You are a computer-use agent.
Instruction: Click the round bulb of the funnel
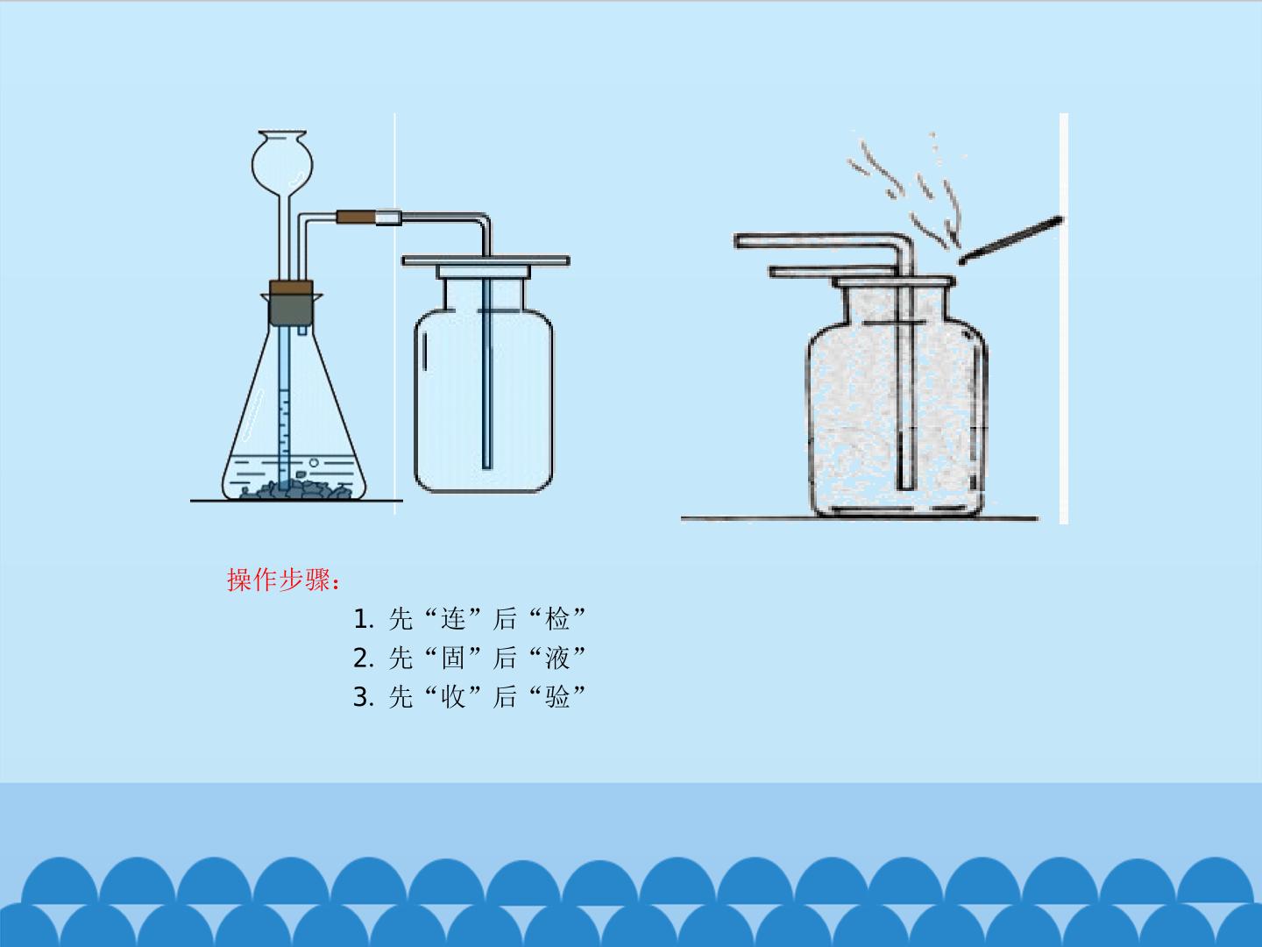click(x=282, y=163)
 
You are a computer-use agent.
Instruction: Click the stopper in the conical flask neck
click(x=291, y=303)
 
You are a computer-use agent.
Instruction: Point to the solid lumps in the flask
click(x=295, y=489)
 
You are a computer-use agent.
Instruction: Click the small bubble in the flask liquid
click(x=314, y=462)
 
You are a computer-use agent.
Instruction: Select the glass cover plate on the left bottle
click(x=486, y=261)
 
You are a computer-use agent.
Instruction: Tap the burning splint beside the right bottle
click(x=1010, y=239)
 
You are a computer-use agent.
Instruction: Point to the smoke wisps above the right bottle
click(x=907, y=189)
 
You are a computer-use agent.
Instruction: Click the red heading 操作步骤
click(x=283, y=580)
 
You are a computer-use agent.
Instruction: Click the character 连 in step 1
click(x=452, y=619)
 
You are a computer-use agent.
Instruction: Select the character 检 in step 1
click(x=557, y=619)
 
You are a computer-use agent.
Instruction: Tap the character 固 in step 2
click(x=452, y=659)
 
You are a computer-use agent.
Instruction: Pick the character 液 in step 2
click(x=557, y=659)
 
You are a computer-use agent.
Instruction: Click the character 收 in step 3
click(x=452, y=697)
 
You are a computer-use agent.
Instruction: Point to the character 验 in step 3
click(x=557, y=697)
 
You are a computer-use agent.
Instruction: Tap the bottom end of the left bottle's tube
click(x=487, y=467)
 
